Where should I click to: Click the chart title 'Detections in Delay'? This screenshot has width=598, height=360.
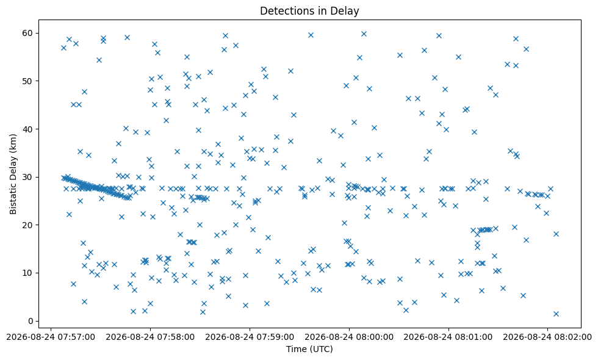coord(309,11)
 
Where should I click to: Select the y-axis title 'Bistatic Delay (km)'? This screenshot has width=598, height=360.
coord(13,174)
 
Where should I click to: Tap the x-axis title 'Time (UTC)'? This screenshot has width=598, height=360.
coord(309,349)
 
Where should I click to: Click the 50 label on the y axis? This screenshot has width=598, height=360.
coord(27,81)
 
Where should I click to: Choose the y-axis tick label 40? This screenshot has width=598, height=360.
coord(27,129)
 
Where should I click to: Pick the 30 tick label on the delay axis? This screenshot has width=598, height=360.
coord(27,178)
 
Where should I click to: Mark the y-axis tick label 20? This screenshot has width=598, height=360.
coord(27,225)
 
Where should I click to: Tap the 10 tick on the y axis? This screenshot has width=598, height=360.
coord(27,273)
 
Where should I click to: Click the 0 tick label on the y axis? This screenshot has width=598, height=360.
coord(31,321)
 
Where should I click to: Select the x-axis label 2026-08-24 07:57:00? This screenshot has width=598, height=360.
coord(51,337)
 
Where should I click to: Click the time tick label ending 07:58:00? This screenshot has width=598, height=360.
coord(150,337)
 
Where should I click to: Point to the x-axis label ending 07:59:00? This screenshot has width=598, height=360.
coord(250,337)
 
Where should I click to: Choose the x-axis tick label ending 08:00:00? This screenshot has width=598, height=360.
coord(349,337)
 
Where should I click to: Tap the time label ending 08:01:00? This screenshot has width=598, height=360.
coord(448,337)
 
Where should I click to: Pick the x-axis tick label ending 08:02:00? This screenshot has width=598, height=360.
coord(547,337)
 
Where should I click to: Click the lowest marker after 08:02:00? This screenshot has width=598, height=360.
coord(556,314)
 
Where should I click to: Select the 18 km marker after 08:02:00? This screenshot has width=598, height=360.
coord(556,234)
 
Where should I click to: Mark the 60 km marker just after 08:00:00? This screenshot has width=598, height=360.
coord(364,34)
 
